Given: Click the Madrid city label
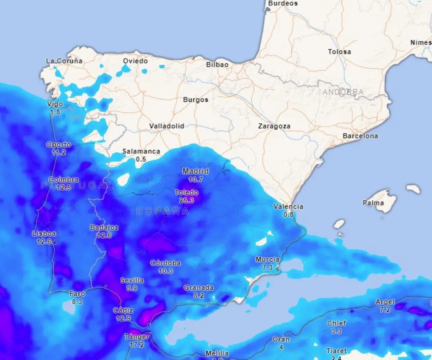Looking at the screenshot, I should click(x=196, y=171).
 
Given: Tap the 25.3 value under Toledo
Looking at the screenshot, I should click(x=186, y=200).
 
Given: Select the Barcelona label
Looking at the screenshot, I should click(x=360, y=136).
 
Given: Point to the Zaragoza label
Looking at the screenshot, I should click(x=274, y=126).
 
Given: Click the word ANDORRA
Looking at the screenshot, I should click(x=343, y=92).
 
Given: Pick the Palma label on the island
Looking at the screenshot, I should click(x=373, y=203).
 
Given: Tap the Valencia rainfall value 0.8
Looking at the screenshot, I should click(x=288, y=214).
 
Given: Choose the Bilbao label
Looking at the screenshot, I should click(x=217, y=64).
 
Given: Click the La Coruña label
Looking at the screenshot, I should click(x=64, y=61).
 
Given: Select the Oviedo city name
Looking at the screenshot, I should click(x=135, y=61).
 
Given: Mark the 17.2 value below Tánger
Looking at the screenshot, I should click(x=137, y=344).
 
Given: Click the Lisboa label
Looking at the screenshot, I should click(x=44, y=234).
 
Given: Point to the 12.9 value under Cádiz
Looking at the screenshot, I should click(x=123, y=318).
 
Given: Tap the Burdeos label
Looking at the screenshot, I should click(x=283, y=3).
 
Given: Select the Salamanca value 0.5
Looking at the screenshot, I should click(x=141, y=159).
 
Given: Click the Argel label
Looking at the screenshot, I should click(x=385, y=302).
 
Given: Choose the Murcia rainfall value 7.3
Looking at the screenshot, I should click(x=267, y=267).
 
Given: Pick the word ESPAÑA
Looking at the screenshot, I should click(x=163, y=211).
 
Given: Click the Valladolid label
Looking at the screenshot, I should click(x=167, y=126).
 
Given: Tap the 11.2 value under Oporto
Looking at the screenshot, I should click(x=59, y=152).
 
